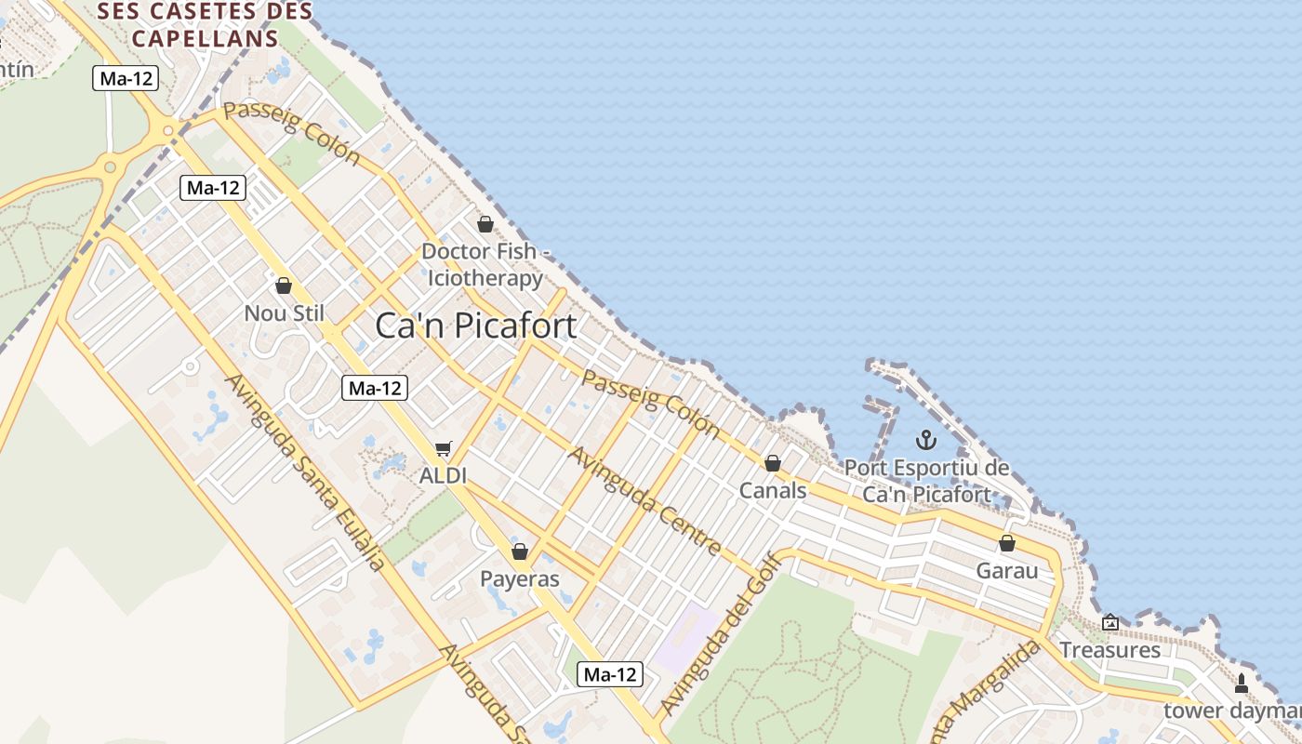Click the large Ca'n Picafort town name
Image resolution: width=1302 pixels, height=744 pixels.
point(476,326)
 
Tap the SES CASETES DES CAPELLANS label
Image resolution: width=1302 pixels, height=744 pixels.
point(206,25)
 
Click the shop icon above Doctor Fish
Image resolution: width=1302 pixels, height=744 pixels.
point(485,224)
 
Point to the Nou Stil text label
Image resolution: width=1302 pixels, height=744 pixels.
point(284,313)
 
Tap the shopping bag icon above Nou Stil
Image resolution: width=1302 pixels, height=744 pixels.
point(284,286)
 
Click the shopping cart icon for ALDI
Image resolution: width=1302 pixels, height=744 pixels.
point(443,450)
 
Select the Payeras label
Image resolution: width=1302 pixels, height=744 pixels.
point(520,579)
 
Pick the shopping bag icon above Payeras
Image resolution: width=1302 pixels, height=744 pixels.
point(520,551)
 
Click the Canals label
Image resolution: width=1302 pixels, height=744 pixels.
point(773,490)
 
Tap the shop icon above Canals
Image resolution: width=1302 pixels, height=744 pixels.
point(773,462)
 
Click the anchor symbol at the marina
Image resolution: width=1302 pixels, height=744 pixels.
point(925,439)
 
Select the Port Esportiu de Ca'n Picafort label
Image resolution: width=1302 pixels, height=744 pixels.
point(926,481)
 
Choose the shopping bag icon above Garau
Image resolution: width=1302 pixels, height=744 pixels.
point(1007,543)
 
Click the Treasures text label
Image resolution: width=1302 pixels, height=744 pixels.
point(1110,650)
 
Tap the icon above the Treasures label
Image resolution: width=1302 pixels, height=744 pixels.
point(1110,622)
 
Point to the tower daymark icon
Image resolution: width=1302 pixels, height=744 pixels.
point(1241,684)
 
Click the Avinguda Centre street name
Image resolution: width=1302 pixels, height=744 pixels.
point(645,501)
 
